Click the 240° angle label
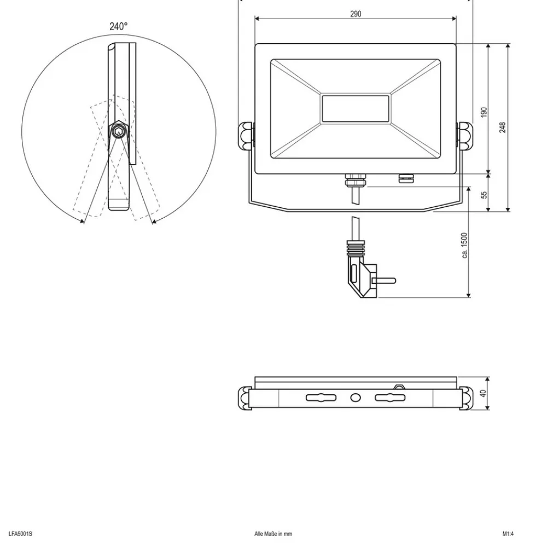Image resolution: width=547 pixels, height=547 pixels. [118, 26]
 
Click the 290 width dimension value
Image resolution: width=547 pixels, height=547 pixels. [356, 14]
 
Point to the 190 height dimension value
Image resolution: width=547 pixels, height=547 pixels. [484, 112]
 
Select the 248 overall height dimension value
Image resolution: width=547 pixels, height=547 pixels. [503, 127]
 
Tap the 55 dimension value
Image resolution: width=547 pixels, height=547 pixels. [484, 195]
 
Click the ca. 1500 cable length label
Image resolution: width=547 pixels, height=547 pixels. [464, 245]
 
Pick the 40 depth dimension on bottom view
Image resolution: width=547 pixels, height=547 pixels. [483, 393]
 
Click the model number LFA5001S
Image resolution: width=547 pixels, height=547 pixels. [21, 534]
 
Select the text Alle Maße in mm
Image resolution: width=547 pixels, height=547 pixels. [273, 534]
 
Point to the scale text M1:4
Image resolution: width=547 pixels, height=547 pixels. [509, 534]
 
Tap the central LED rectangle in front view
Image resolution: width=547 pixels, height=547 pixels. [356, 108]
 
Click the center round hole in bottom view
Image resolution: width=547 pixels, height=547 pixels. [356, 398]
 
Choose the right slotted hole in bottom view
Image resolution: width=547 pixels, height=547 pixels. [390, 398]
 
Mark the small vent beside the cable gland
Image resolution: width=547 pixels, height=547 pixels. [405, 177]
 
